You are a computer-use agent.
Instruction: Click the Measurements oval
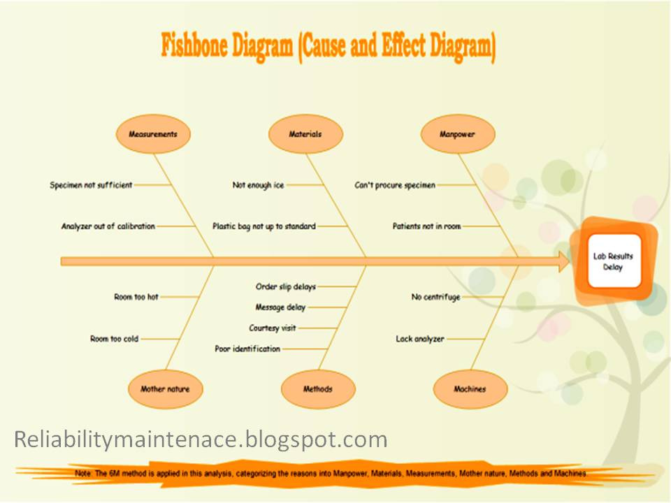coord(152,134)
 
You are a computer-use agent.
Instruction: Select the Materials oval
coord(305,134)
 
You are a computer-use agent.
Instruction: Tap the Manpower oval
coord(458,134)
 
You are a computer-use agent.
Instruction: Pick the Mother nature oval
coord(165,389)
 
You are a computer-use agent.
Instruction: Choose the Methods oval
coord(318,389)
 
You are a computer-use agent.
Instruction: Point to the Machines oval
coord(470,389)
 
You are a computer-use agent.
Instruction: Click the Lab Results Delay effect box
coord(613,261)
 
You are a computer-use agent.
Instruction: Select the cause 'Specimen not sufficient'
coord(91,185)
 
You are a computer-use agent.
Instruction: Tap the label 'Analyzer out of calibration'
coord(108,226)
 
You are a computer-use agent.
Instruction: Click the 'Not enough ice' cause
coord(258,185)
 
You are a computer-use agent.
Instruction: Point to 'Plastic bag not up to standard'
coord(264,226)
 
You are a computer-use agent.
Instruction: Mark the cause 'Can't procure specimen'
coord(395,185)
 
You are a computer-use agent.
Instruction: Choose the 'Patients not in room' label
coord(426,226)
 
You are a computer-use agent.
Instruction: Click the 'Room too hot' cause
coord(136,297)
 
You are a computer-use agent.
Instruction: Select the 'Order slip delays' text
coord(286,286)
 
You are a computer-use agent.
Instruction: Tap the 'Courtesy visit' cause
coord(273,328)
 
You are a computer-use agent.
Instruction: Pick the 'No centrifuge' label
coord(435,297)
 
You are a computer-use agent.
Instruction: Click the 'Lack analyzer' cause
coord(420,339)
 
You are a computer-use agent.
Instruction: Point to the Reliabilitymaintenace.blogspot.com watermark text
coord(201,439)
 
